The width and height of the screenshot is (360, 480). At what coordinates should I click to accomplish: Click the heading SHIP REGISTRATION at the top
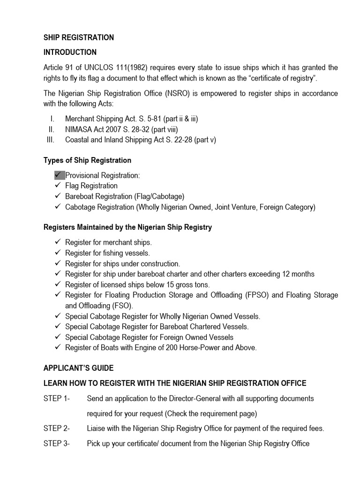(x=78, y=37)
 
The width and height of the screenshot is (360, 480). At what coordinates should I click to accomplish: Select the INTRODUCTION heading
(x=70, y=52)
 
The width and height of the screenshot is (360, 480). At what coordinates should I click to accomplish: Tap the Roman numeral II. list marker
(x=52, y=129)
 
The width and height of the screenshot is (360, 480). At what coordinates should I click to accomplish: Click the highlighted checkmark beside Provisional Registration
(x=59, y=175)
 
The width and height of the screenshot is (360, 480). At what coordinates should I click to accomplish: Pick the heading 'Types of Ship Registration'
(x=87, y=160)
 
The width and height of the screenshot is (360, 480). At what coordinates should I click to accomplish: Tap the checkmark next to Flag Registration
(x=58, y=186)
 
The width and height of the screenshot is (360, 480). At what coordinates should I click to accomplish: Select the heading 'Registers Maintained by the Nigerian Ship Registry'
(x=127, y=227)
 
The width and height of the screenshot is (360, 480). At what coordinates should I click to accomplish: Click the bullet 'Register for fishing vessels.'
(x=107, y=253)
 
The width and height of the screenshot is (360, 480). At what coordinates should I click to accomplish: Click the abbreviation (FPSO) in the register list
(x=257, y=295)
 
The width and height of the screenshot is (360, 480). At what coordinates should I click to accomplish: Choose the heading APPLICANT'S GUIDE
(x=78, y=368)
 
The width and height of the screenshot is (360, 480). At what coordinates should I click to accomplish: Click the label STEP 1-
(x=56, y=398)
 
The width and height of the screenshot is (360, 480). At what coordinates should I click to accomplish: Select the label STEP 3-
(x=56, y=443)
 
